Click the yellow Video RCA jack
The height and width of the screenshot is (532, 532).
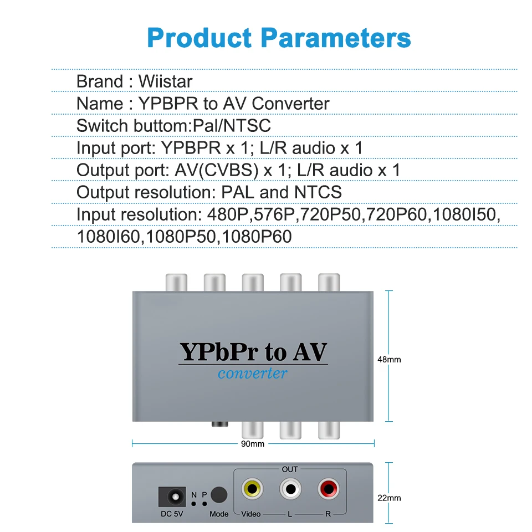252,489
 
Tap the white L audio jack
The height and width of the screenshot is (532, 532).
290,489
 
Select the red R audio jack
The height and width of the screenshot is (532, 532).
328,489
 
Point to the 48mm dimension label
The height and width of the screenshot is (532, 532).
389,360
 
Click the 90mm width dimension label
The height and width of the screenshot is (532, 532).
253,444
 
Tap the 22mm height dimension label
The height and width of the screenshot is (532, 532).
389,498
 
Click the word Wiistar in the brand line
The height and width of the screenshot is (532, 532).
165,81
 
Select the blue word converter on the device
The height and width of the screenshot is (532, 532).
253,373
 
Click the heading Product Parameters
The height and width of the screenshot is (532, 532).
279,38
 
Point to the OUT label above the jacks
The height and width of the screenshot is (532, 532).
290,469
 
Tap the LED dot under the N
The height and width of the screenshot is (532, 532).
193,504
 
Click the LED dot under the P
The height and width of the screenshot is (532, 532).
204,504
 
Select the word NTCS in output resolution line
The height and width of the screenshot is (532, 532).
318,192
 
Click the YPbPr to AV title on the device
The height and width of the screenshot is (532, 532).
253,352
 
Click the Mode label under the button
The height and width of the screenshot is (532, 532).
219,514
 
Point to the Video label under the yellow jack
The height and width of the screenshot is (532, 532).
250,514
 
